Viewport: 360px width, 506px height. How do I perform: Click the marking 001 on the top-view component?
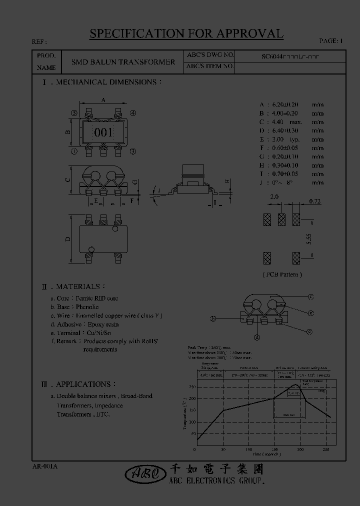coord(103,132)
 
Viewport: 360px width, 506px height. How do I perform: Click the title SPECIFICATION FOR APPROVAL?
coord(186,33)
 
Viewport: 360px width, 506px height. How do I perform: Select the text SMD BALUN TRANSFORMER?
coord(123,62)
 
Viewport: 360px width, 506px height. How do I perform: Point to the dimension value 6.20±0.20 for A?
coord(285,104)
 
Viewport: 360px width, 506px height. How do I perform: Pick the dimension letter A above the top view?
coord(103,100)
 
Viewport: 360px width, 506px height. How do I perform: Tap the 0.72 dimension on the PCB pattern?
coord(314,201)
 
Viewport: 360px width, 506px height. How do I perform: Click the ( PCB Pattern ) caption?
coord(282,274)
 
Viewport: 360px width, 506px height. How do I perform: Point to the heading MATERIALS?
coord(77,286)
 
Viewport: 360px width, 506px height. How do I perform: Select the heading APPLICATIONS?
coord(83,384)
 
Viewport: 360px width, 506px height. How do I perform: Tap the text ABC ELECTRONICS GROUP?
coord(217,480)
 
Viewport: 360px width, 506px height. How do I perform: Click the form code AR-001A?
coord(44,466)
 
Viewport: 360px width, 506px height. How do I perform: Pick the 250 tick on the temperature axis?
coord(192,386)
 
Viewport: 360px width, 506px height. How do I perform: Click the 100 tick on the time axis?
coord(248,450)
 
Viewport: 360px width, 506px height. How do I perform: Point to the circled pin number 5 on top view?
coord(74,113)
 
